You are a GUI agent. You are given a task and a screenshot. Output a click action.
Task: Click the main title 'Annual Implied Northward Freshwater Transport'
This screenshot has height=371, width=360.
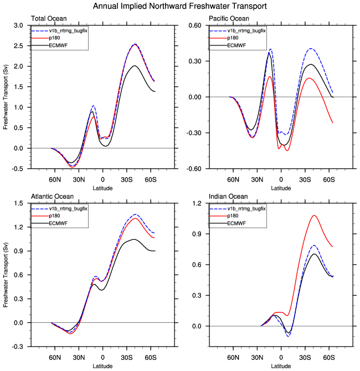tap(180, 6)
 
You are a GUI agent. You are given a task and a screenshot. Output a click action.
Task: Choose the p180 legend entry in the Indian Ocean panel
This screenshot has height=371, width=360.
tap(232, 216)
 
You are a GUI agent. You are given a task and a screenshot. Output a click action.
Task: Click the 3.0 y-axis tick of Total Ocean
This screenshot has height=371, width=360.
tap(18, 25)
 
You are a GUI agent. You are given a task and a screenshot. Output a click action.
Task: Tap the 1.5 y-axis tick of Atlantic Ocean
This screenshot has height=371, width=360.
tap(18, 204)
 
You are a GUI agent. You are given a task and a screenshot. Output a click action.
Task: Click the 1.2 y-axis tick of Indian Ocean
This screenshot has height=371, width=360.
tap(194, 204)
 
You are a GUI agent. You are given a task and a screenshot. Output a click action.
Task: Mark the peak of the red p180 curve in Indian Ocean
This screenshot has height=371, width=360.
tap(314, 215)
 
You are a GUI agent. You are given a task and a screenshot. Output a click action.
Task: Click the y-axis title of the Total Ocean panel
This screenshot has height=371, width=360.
tap(5, 97)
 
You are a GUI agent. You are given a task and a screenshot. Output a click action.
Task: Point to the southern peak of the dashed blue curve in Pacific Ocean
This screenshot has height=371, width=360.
tap(312, 49)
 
